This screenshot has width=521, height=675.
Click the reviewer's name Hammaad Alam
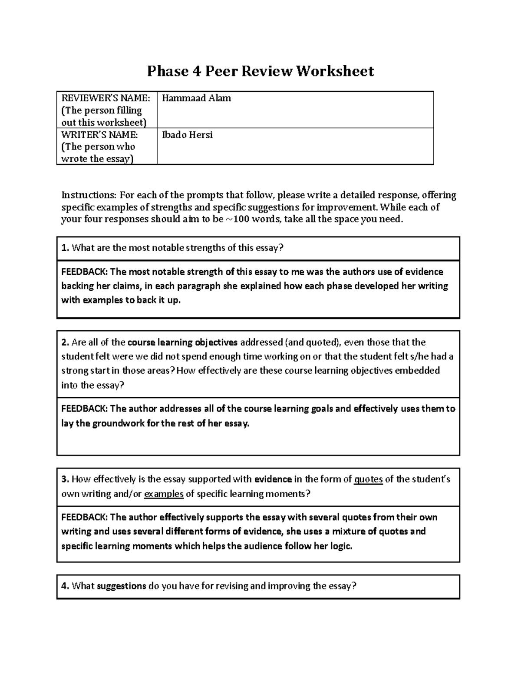coord(196,98)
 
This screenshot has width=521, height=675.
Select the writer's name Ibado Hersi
coord(187,135)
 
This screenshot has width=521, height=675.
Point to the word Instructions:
coord(89,195)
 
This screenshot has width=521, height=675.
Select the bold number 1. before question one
coord(65,248)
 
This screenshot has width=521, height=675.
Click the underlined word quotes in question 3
coord(368,479)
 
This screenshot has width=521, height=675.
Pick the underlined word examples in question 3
coord(164,494)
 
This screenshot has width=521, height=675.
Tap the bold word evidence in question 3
coord(273,479)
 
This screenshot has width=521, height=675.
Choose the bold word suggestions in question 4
coord(121,586)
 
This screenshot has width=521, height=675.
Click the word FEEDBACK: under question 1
coord(84,272)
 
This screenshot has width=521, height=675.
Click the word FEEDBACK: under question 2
coord(84,409)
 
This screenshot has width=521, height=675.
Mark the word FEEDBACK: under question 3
coord(84,517)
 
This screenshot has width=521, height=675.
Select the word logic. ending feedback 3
coord(340,546)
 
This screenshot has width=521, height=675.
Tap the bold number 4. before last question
coord(65,586)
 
